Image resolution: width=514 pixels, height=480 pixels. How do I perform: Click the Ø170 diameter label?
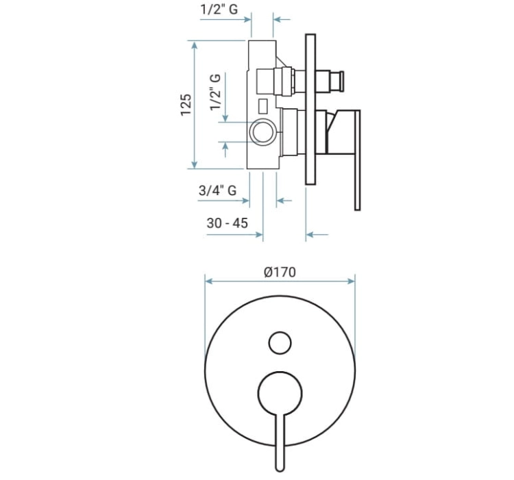(280, 272)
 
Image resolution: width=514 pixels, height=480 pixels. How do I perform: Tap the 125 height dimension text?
(186, 105)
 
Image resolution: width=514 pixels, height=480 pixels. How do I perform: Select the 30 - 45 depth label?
(227, 223)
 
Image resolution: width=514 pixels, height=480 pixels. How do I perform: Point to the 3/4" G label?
(218, 190)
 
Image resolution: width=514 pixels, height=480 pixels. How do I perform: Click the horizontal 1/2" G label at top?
(219, 9)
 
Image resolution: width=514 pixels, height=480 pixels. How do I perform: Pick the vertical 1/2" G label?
(215, 92)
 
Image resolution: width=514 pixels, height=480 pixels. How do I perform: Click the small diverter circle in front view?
(280, 343)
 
